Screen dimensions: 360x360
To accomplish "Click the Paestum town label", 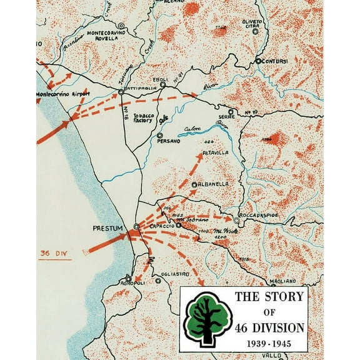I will [107, 227].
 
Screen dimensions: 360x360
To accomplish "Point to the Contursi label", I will [275, 62].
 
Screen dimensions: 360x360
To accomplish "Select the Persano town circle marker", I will [160, 135].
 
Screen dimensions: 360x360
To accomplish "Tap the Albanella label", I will [214, 185].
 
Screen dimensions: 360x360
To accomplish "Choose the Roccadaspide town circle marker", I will [237, 221].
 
